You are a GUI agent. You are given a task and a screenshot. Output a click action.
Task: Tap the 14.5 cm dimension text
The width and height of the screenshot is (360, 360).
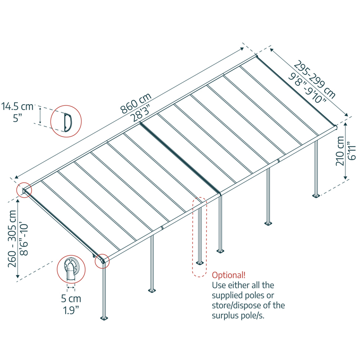pos(17,107)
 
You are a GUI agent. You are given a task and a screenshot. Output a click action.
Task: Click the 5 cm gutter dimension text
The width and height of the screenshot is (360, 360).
pos(71,298)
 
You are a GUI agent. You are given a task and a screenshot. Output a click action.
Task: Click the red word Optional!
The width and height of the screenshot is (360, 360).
pos(229,275)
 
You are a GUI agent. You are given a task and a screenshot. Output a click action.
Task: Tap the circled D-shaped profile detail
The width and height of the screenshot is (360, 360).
pos(66,121)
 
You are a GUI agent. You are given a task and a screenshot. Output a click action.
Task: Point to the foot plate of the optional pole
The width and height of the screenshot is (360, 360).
pos(199,263)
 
